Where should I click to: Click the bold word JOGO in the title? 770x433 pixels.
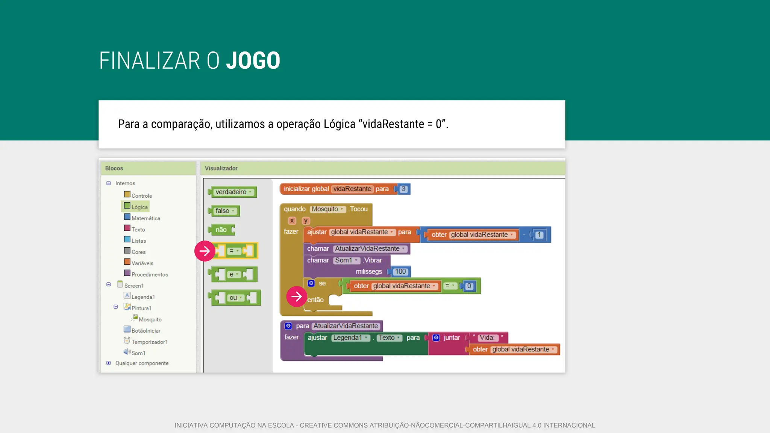tap(253, 61)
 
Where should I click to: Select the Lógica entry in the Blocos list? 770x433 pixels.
tap(139, 207)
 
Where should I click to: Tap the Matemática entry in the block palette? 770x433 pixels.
tap(146, 218)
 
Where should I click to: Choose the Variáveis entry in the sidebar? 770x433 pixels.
tap(142, 263)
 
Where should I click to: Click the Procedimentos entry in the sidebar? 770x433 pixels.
tap(149, 274)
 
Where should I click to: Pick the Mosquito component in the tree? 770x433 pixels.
tap(150, 319)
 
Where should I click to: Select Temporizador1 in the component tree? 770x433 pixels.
tap(149, 342)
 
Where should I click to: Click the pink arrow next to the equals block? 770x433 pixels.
tap(205, 251)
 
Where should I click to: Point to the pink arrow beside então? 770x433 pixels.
tap(297, 297)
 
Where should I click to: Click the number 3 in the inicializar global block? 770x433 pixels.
tap(403, 189)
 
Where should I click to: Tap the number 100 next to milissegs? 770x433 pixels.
tap(400, 271)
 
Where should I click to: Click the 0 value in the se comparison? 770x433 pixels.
tap(469, 286)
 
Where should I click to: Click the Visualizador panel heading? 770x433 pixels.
tap(221, 168)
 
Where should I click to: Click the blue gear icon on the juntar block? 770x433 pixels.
tap(436, 338)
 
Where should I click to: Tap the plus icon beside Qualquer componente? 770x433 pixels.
tap(109, 363)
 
